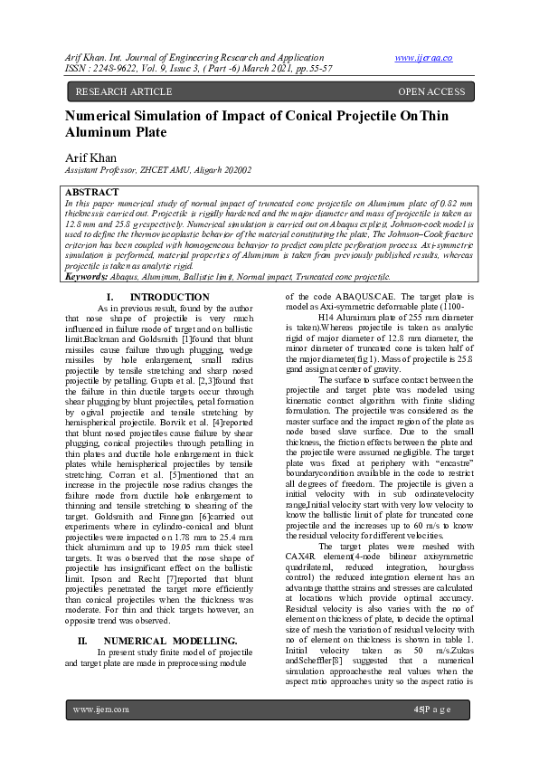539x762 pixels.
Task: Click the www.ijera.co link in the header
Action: pos(423,58)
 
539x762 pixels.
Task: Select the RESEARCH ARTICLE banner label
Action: pos(123,91)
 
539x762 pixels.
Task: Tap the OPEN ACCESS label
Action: pos(431,91)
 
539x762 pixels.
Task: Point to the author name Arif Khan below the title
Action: pos(90,157)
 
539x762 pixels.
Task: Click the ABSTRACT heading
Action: pos(92,193)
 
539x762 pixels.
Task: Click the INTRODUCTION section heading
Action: pos(169,298)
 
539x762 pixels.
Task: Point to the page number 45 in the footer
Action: pos(418,734)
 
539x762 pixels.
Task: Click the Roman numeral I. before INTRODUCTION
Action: pos(109,298)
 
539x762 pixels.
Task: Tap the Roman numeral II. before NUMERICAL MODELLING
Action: pos(82,640)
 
